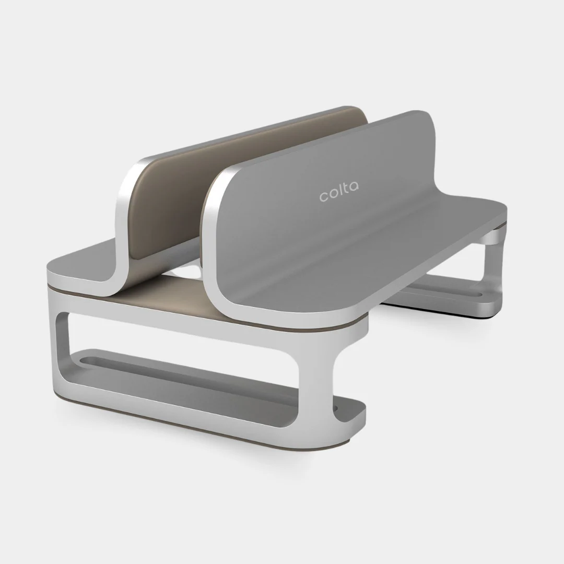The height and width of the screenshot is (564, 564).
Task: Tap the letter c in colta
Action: tap(324, 197)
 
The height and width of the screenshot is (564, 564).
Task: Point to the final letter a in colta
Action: tap(354, 187)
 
